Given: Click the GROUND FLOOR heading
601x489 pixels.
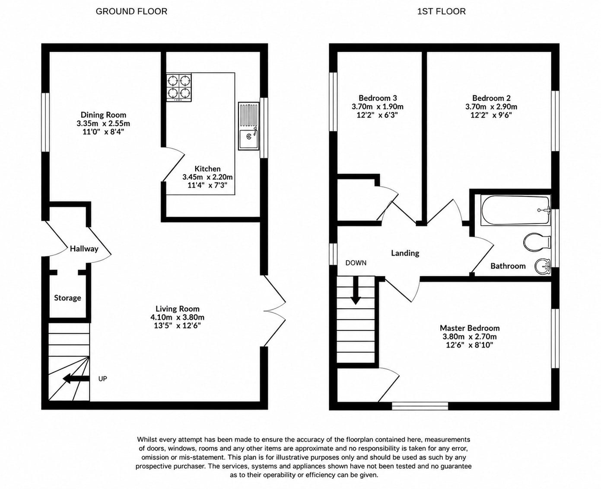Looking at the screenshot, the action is [131, 12].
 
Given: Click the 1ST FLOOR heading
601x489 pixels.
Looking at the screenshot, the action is [441, 12].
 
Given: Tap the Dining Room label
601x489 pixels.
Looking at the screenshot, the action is [103, 115].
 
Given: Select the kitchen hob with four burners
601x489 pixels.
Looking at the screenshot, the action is [178, 87].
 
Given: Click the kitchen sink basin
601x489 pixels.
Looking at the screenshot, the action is [248, 139].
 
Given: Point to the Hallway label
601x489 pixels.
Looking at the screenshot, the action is [84, 249].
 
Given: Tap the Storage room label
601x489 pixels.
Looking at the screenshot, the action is [67, 298].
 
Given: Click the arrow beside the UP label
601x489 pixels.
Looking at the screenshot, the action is [76, 378].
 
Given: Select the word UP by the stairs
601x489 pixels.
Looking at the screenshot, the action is [103, 379].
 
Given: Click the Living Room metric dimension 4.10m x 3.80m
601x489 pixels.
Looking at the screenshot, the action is [177, 317].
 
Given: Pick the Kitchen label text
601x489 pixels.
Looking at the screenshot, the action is [207, 169].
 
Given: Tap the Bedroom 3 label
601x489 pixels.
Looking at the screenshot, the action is [378, 98].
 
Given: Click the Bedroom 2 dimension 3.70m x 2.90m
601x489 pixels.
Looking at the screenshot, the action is [491, 107].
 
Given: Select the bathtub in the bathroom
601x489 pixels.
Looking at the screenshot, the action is [516, 210].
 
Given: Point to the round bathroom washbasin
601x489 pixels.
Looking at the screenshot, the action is [542, 266].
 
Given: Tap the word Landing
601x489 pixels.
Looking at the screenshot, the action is [405, 253].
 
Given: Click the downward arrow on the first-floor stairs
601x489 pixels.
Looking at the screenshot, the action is [356, 290].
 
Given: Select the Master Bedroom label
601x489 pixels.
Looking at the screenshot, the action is [470, 328].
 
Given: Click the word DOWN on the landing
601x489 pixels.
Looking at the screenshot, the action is [356, 263].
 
